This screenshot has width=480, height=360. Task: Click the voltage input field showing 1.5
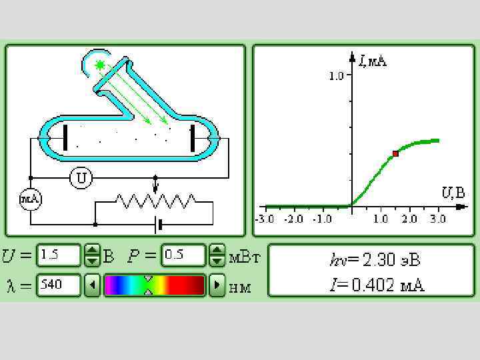59,255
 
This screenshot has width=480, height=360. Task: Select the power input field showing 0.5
183,255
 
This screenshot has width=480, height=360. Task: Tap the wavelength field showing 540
59,285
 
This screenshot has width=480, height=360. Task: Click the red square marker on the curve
395,154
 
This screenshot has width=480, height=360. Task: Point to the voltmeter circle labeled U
81,178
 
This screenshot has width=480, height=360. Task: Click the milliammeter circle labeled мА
30,199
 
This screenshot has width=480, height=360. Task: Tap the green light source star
100,65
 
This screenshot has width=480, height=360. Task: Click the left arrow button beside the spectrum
92,285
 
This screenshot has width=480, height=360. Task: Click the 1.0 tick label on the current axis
336,75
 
